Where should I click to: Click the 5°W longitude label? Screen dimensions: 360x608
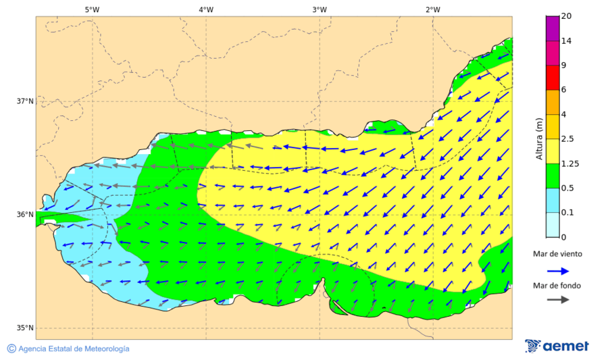pyautogui.click(x=93, y=9)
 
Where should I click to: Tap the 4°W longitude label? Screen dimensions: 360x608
pyautogui.click(x=206, y=9)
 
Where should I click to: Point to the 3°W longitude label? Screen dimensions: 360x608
pyautogui.click(x=320, y=9)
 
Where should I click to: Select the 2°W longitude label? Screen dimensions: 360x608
pyautogui.click(x=433, y=9)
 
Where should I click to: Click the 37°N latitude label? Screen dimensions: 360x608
pyautogui.click(x=25, y=101)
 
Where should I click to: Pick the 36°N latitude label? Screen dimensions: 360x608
pyautogui.click(x=25, y=215)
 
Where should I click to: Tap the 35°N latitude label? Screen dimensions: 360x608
pyautogui.click(x=25, y=328)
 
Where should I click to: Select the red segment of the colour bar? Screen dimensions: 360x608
pyautogui.click(x=553, y=77)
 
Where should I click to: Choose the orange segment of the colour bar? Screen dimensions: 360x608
pyautogui.click(x=553, y=102)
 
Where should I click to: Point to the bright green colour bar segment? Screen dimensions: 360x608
pyautogui.click(x=553, y=176)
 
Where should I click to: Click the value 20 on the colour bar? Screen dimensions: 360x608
pyautogui.click(x=567, y=16)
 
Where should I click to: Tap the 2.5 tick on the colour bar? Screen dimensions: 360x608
pyautogui.click(x=568, y=139)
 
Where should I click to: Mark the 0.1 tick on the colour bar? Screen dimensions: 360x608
pyautogui.click(x=568, y=213)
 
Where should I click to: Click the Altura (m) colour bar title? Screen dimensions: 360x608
pyautogui.click(x=539, y=138)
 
